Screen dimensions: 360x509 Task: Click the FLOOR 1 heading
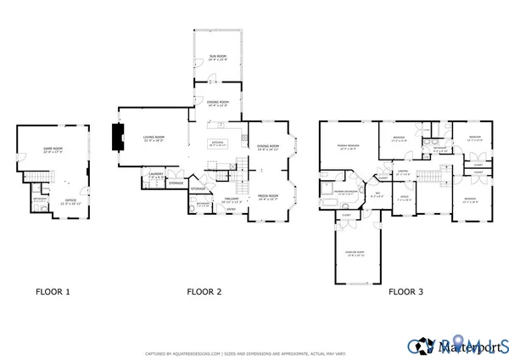point(53,291)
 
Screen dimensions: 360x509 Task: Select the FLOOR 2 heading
point(204,291)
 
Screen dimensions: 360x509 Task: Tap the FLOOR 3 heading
point(406,291)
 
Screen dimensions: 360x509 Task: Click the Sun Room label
point(218,58)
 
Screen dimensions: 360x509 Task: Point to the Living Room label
point(153,138)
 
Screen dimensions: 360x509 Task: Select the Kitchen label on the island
point(218,143)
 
